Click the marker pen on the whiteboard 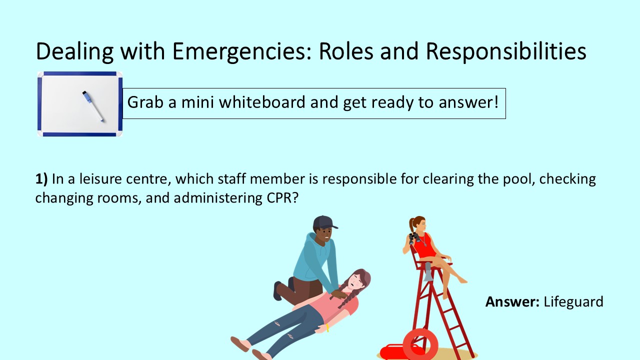(94, 105)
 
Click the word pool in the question (511, 179)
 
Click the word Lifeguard (573, 302)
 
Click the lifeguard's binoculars (414, 237)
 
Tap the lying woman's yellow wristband (327, 328)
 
